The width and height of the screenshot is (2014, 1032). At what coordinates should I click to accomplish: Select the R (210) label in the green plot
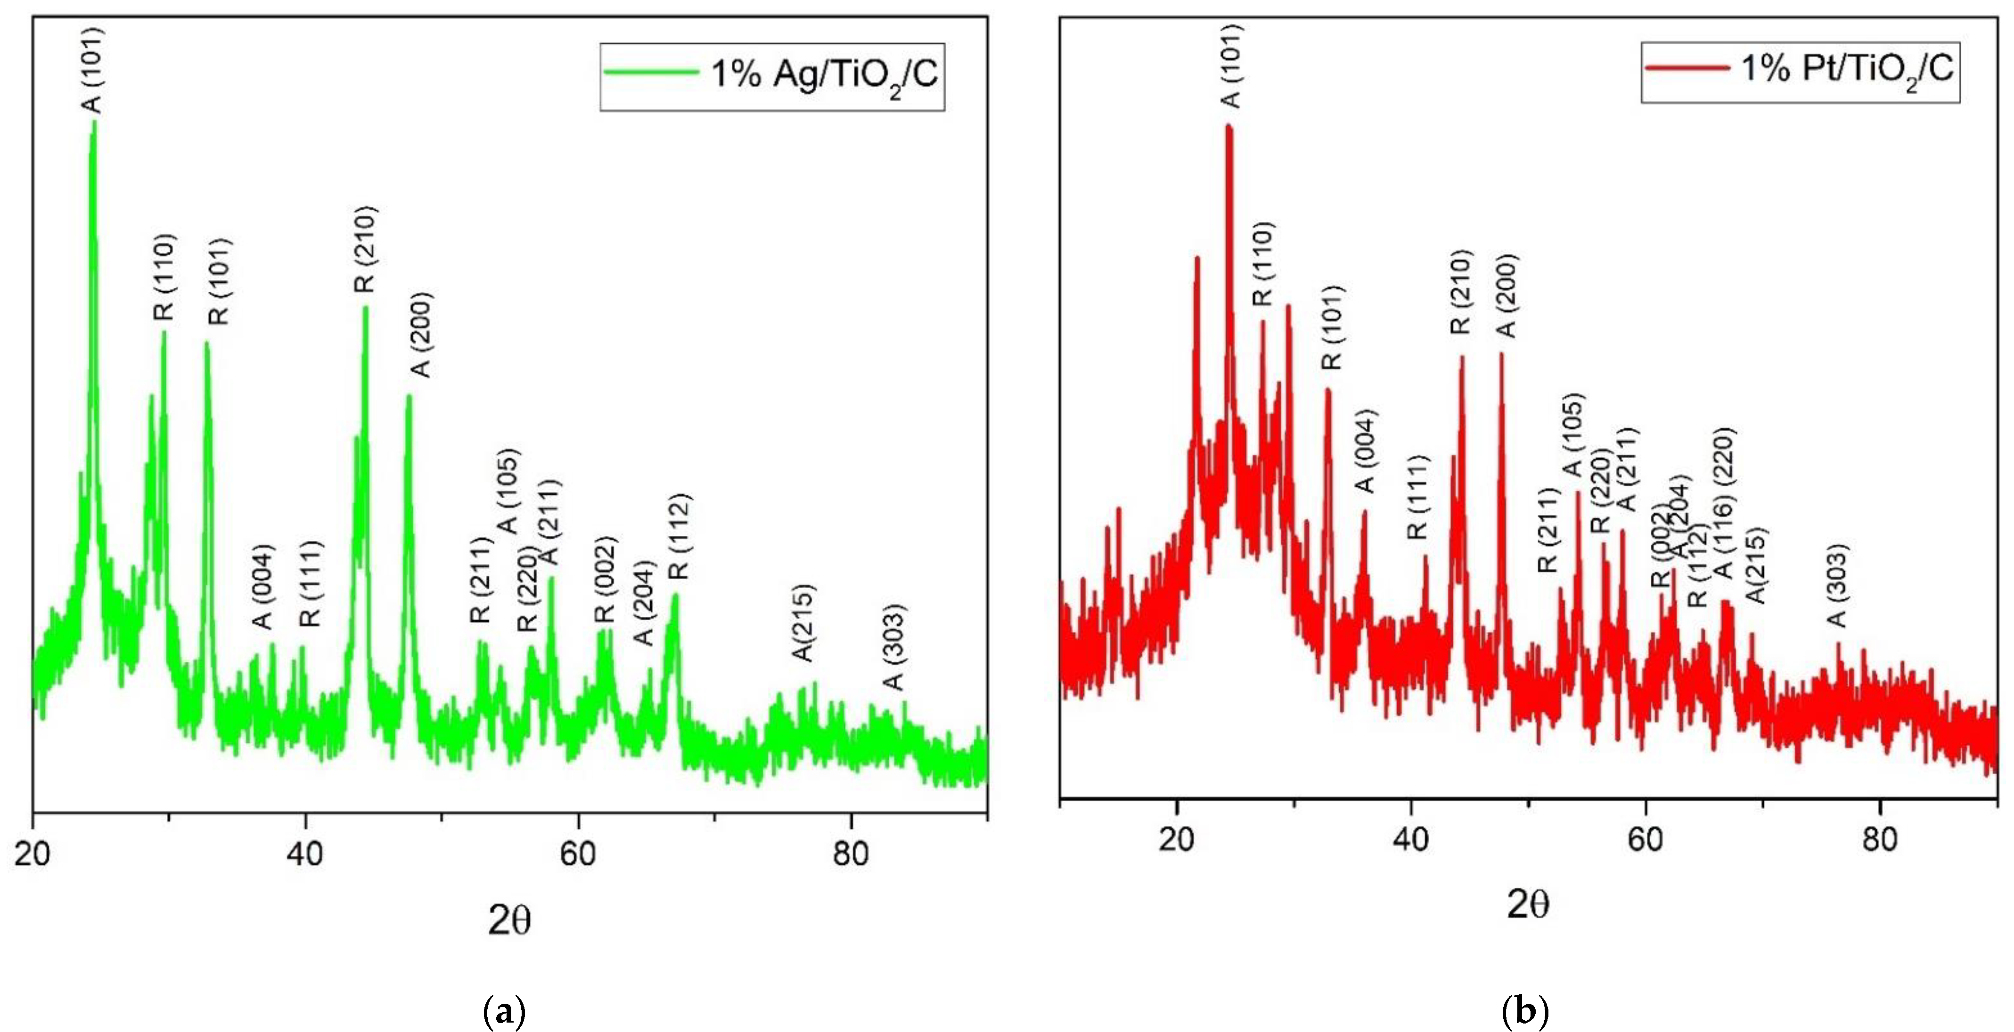(364, 249)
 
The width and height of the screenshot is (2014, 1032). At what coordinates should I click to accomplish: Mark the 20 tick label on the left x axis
(33, 854)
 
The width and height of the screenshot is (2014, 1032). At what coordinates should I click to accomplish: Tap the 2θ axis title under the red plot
(1528, 905)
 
